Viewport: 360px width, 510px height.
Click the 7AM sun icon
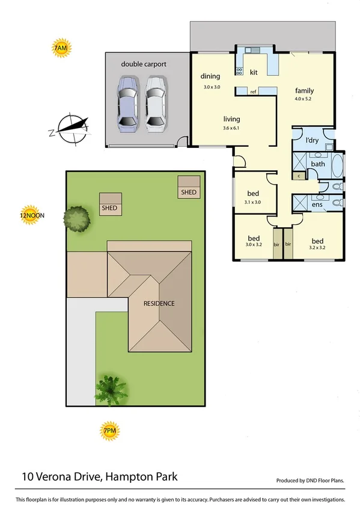click(61, 49)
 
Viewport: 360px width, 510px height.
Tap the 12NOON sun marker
click(32, 215)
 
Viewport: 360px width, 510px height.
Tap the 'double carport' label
click(144, 64)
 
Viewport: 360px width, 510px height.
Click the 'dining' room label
click(210, 76)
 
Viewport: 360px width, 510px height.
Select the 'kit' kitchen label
click(254, 72)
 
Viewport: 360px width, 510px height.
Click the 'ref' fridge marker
click(254, 91)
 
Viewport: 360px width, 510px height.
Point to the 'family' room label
click(304, 91)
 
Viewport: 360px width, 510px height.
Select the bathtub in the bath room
click(335, 163)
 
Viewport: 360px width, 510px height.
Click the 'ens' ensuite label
click(317, 204)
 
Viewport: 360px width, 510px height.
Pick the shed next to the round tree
click(111, 203)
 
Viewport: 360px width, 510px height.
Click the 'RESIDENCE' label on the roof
click(159, 303)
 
